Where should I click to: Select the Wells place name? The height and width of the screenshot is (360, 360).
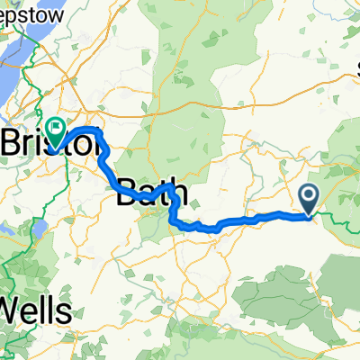[x=36, y=310]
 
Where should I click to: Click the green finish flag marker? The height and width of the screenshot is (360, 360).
[x=56, y=133]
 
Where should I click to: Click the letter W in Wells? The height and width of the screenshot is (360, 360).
[x=13, y=310]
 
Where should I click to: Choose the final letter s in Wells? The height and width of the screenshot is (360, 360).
[x=65, y=311]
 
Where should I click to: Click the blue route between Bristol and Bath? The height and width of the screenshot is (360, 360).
[x=108, y=166]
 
